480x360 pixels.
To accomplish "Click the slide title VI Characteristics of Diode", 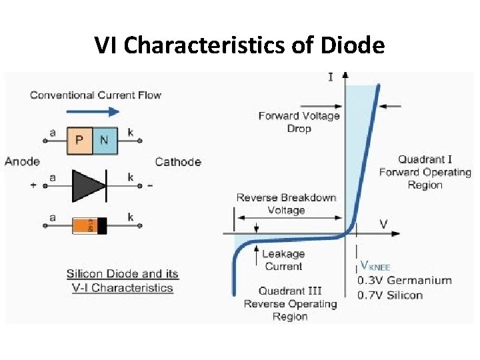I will pyautogui.click(x=239, y=45).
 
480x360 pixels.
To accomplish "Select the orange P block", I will pyautogui.click(x=79, y=140).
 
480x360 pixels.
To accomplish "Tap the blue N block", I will pyautogui.click(x=105, y=140).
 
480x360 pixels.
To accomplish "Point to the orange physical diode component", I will pyautogui.click(x=90, y=226).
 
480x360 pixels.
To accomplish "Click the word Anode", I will pyautogui.click(x=22, y=161).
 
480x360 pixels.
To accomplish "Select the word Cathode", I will pyautogui.click(x=177, y=161).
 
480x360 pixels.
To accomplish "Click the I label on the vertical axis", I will pyautogui.click(x=331, y=77).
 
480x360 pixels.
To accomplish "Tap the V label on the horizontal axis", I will pyautogui.click(x=383, y=223).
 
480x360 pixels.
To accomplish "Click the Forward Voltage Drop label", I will pyautogui.click(x=299, y=122).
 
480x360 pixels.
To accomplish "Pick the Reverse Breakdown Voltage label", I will pyautogui.click(x=286, y=204).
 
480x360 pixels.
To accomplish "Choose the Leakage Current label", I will pyautogui.click(x=283, y=260).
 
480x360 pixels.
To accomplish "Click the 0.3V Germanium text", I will pyautogui.click(x=404, y=281).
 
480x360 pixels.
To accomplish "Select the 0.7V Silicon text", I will pyautogui.click(x=390, y=295).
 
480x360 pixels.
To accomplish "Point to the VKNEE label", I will pyautogui.click(x=375, y=267).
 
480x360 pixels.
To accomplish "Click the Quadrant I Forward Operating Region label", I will pyautogui.click(x=425, y=172).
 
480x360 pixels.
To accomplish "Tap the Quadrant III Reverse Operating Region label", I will pyautogui.click(x=290, y=304).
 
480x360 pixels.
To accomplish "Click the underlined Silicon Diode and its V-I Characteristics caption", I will pyautogui.click(x=123, y=281).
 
